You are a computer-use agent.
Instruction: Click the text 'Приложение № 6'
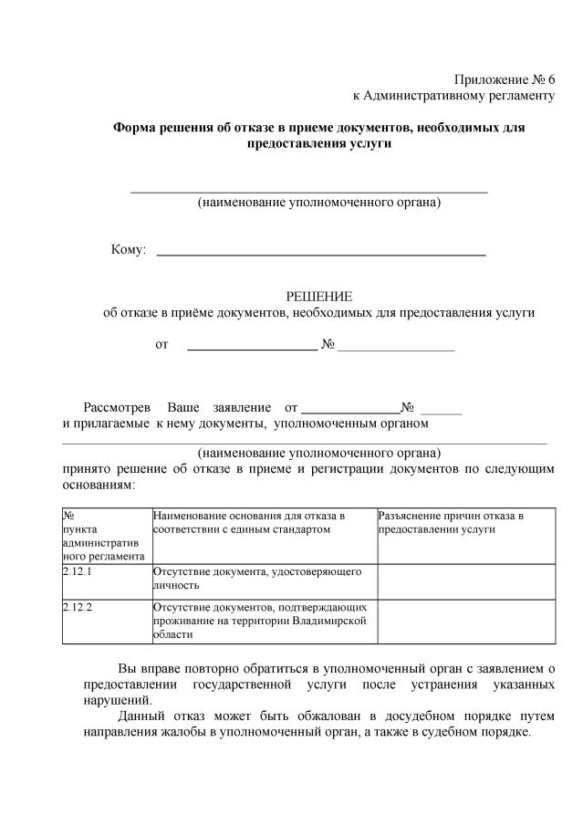click(x=504, y=79)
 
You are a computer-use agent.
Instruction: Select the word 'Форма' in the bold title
click(x=133, y=128)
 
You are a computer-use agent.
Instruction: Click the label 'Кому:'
click(x=129, y=250)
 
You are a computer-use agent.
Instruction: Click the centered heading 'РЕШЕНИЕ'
click(x=318, y=296)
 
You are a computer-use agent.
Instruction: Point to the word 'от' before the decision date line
click(x=161, y=345)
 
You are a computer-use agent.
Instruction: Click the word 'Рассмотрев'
click(x=110, y=407)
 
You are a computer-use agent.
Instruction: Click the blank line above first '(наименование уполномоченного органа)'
click(x=309, y=192)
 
